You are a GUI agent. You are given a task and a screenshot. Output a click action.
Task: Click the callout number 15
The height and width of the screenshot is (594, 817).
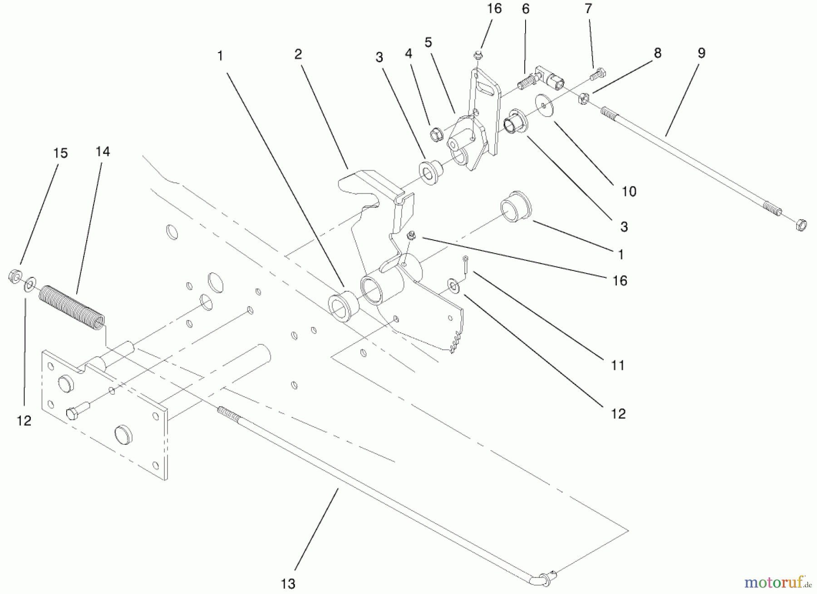pos(60,153)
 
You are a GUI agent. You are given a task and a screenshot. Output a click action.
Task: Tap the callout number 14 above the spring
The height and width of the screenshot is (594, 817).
pos(103,152)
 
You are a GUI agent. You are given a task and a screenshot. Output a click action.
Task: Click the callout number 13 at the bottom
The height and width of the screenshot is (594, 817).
pos(288,583)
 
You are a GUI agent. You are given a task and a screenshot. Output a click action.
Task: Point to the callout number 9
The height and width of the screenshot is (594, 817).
pos(701,53)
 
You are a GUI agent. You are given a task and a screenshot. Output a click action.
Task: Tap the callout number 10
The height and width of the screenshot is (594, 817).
pos(629,191)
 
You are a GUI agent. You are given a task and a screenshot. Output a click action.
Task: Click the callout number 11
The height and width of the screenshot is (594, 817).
pos(618,365)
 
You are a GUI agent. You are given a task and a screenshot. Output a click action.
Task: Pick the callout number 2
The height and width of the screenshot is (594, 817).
pos(298,54)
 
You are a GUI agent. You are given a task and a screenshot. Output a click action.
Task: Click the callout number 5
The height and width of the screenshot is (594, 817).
pos(428,42)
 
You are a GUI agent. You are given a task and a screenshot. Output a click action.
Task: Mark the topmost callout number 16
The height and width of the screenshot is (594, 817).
pos(494,9)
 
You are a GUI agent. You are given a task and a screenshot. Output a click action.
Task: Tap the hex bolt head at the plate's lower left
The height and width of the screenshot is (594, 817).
pos(72,413)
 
